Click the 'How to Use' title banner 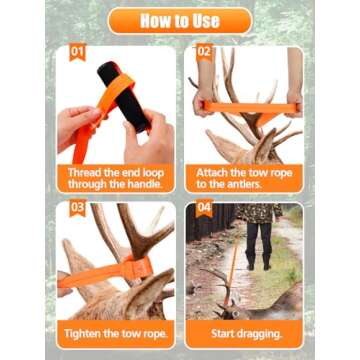point(180,20)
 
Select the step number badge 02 point(203,51)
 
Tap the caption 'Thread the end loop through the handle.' point(114,178)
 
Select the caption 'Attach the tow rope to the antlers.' point(243,178)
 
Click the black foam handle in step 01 point(124,95)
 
